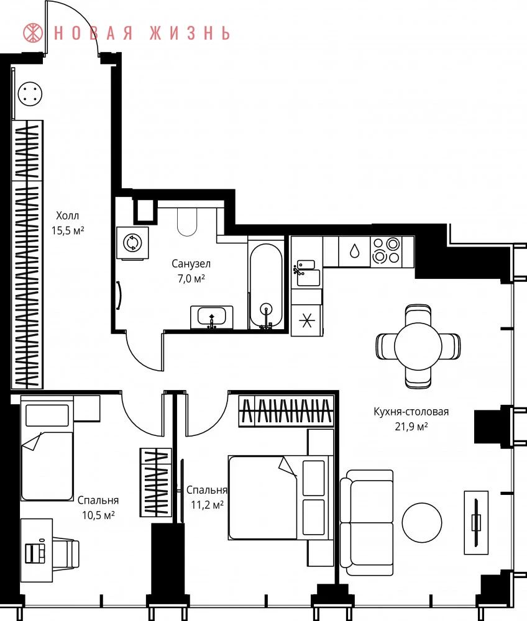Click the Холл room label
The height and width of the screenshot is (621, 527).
point(67,216)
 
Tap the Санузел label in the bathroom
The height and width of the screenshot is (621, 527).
point(191,264)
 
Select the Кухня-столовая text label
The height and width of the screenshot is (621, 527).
point(411,412)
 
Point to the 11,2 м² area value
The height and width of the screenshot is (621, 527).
point(207,505)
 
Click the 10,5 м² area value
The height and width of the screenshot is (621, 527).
point(98,515)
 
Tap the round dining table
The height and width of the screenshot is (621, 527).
point(418,346)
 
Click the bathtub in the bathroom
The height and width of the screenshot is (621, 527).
point(266,285)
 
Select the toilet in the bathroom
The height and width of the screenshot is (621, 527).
point(186,222)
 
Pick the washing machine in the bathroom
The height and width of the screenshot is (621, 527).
point(132,243)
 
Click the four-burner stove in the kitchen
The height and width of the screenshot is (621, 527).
point(387,251)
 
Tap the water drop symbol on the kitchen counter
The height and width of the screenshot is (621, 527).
point(355,251)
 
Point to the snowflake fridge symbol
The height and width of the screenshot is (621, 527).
point(306,320)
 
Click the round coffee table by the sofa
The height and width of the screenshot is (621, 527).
point(421,522)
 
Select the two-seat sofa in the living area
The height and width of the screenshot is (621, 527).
point(367,523)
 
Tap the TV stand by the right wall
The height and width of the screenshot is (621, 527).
point(476,522)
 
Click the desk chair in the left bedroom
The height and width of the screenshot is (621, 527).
point(66,550)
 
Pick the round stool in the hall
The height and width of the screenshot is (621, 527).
point(30,94)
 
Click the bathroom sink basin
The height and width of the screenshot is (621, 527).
point(211,317)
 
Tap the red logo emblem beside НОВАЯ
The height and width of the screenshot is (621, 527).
point(34,33)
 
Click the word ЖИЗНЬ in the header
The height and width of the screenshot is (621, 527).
point(190,34)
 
